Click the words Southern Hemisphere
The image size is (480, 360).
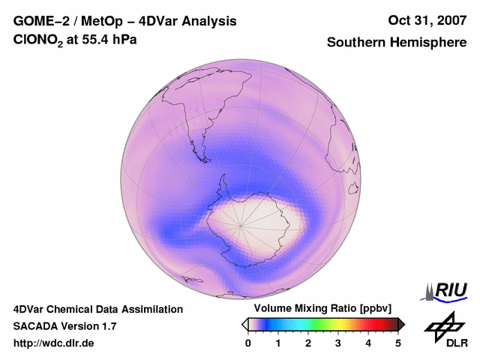(x=397, y=43)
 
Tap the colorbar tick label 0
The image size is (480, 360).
(x=248, y=343)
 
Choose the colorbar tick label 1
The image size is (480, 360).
(x=278, y=343)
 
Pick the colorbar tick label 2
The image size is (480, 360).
(x=308, y=343)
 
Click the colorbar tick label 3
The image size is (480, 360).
(x=338, y=343)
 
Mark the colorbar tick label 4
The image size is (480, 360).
(x=368, y=343)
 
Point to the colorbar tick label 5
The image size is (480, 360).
(x=398, y=343)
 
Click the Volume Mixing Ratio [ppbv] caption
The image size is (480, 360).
(x=319, y=309)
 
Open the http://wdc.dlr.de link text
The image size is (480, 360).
(x=54, y=343)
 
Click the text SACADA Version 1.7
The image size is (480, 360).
(x=64, y=326)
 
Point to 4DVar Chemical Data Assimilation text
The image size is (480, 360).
(x=97, y=309)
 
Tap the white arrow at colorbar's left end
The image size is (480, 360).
(x=244, y=324)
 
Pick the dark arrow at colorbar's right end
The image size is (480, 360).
(x=401, y=324)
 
